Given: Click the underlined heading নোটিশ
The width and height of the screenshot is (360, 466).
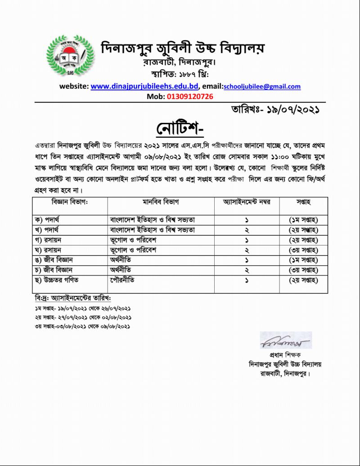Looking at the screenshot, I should click(180, 129).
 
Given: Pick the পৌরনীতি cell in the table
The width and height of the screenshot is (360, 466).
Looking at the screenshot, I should click(122, 281).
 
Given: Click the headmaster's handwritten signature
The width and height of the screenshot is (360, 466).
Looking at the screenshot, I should click(285, 341).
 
